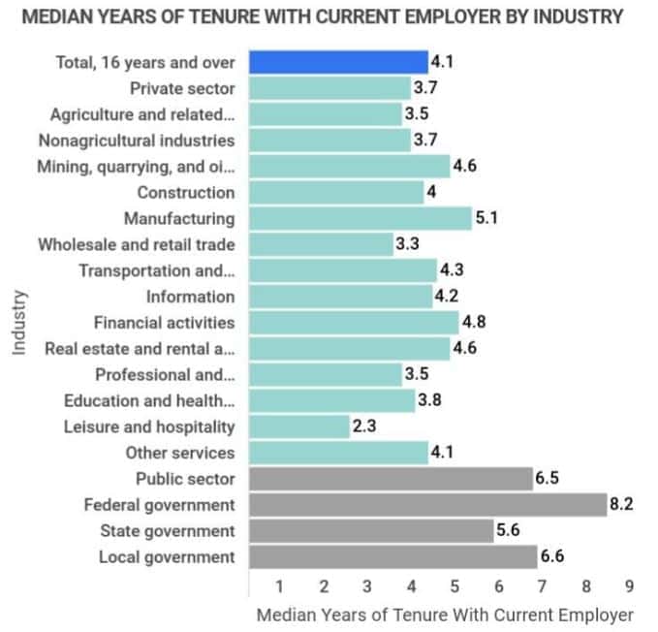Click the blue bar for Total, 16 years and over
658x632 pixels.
tap(338, 63)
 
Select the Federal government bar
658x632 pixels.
tap(427, 505)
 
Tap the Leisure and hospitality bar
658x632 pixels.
tap(298, 427)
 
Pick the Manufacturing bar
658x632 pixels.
tap(360, 219)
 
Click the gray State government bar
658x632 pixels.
tap(371, 530)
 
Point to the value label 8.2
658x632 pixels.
tap(622, 505)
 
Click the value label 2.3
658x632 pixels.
tap(365, 427)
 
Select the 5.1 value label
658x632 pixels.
tap(486, 219)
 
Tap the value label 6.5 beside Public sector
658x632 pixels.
tap(548, 479)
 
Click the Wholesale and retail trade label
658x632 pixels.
tap(137, 244)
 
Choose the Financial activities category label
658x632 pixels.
tap(164, 323)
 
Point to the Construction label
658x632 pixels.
tap(185, 193)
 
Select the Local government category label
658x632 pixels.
tap(167, 556)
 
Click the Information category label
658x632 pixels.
tap(190, 297)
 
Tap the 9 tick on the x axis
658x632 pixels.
tap(629, 585)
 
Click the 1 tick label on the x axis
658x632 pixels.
tap(279, 585)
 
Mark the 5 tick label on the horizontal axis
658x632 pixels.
tap(454, 585)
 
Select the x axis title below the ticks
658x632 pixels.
tap(444, 615)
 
